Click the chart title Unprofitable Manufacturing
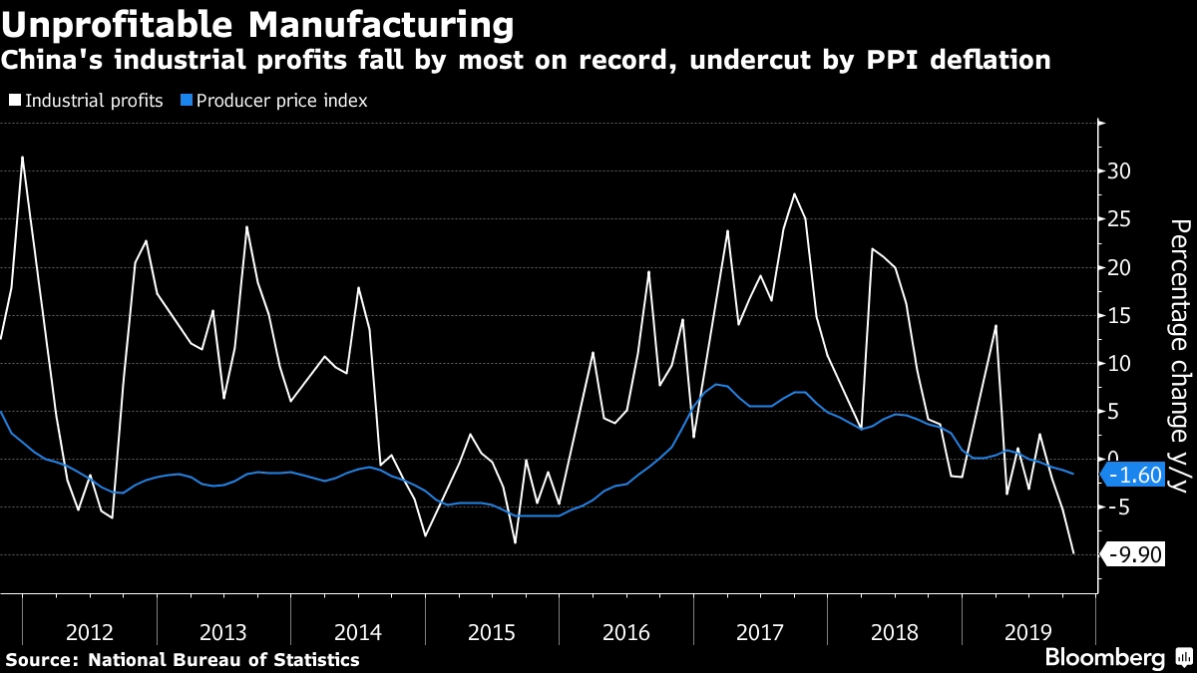259,23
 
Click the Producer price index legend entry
274,101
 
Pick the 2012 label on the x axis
90,631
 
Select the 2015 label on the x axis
491,631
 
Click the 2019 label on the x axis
1027,631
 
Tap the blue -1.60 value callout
1136,475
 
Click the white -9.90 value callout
1136,554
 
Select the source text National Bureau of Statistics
223,659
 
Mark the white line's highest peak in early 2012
22,157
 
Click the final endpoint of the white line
1073,553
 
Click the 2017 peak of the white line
794,193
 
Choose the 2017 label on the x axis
759,631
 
